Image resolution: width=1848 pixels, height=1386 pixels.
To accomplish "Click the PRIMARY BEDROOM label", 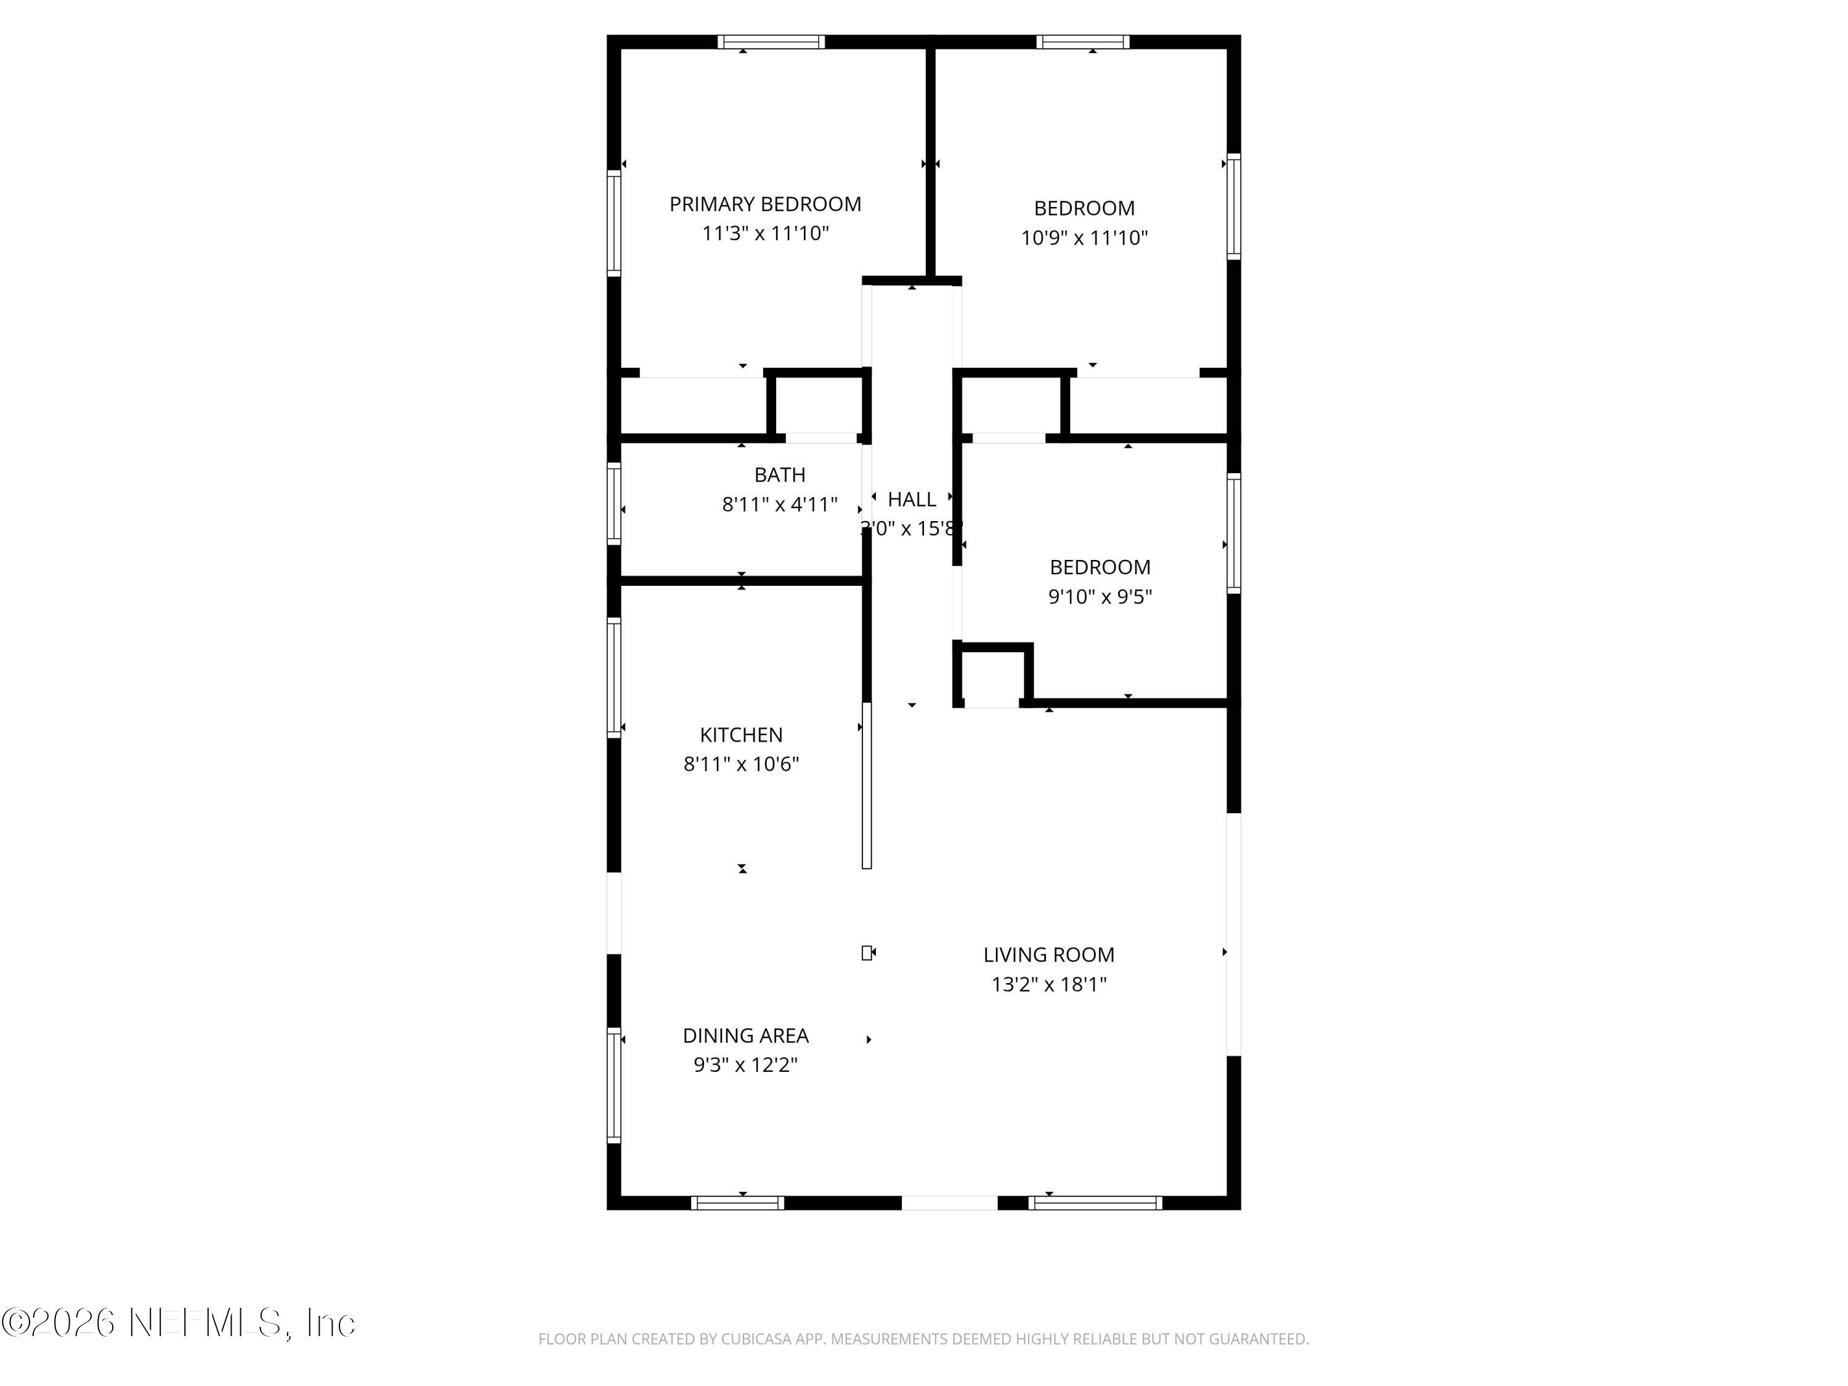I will (x=764, y=204).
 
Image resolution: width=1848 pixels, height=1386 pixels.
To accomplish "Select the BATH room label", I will (x=779, y=474).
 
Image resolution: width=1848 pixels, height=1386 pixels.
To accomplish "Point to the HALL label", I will (x=912, y=499).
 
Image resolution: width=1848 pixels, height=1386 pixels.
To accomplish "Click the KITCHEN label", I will (x=741, y=734).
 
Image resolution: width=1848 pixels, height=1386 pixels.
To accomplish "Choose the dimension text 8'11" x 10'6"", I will (x=741, y=764).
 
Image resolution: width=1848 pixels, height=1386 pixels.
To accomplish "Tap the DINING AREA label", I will (x=745, y=1035).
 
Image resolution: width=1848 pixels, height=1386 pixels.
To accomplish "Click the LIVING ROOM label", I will (x=1048, y=954).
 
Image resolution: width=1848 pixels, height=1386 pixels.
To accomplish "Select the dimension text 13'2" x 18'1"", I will (x=1048, y=984).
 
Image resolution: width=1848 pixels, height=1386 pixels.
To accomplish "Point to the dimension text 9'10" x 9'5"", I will (x=1100, y=596).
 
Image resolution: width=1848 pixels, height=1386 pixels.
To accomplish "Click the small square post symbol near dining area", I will (x=866, y=952).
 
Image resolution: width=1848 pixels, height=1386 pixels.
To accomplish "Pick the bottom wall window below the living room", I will (x=1095, y=1203).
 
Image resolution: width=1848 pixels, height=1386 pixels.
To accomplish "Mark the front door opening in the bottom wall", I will (x=949, y=1203).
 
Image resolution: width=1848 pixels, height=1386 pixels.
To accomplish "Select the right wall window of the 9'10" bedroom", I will (x=1233, y=533).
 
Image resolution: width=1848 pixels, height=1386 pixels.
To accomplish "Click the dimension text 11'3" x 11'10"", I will (x=764, y=233).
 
